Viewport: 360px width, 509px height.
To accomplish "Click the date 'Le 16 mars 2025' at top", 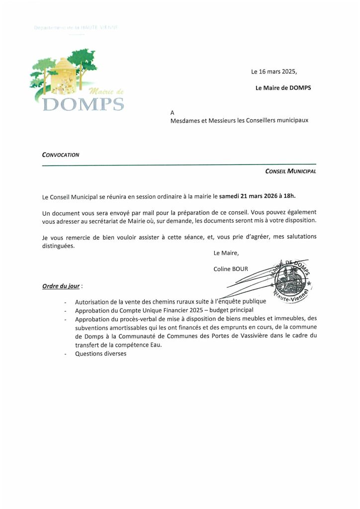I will [x=274, y=72].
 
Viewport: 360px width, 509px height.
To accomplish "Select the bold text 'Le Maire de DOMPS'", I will [x=283, y=88].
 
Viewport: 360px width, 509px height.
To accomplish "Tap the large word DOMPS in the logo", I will [x=83, y=105].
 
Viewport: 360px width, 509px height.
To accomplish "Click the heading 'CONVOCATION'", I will [x=61, y=155].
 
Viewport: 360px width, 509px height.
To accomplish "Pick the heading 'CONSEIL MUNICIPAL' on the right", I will [x=291, y=171].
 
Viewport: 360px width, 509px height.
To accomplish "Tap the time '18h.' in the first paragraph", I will [x=295, y=197].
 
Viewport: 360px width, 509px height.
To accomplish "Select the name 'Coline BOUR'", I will [x=231, y=269].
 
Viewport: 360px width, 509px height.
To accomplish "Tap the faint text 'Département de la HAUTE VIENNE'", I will [x=76, y=28].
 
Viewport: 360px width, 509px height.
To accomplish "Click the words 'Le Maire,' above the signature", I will [x=226, y=253].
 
